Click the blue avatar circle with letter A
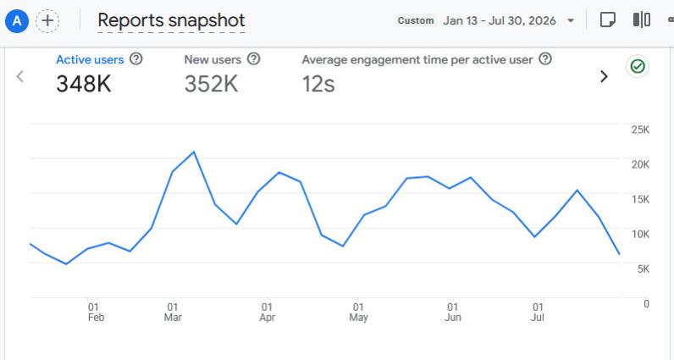17,20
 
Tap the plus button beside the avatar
47,20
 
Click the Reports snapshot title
171,20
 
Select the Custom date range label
416,20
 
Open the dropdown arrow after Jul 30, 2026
571,20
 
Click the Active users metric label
90,59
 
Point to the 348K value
84,84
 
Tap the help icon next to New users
254,59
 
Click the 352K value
211,84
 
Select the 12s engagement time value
318,84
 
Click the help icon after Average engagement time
545,59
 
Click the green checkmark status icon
638,66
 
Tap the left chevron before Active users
19,76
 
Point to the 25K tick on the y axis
640,130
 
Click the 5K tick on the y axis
644,269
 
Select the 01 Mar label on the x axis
173,313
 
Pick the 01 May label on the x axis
358,313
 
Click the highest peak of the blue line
194,152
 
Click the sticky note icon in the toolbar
607,19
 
